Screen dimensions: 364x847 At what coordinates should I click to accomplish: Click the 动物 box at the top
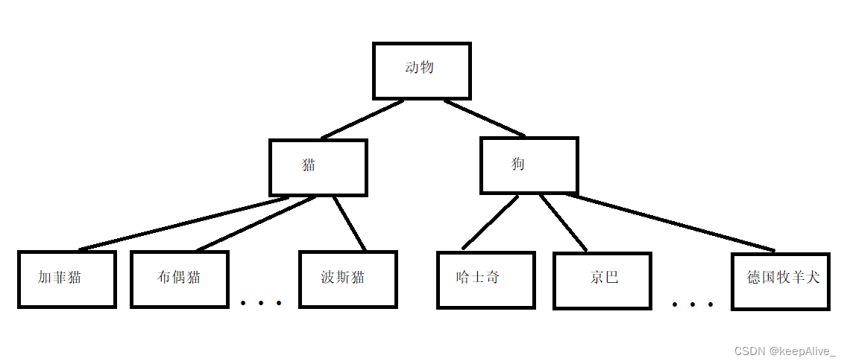pos(421,71)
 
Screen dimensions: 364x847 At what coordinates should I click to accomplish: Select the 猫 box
pos(318,167)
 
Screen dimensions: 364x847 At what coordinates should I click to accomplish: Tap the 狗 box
pos(529,165)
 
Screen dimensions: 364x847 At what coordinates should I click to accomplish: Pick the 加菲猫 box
pos(66,279)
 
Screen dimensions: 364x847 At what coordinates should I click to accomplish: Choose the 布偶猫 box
pos(179,279)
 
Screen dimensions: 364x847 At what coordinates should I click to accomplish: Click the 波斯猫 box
pos(347,279)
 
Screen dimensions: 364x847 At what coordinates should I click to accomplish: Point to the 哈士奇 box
pos(485,280)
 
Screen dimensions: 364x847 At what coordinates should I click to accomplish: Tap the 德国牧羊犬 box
pos(780,281)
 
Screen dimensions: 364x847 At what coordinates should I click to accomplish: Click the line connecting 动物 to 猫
pos(362,119)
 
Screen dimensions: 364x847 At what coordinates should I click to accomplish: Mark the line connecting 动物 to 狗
pos(485,118)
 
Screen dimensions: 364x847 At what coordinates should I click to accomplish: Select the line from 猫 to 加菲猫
pos(183,223)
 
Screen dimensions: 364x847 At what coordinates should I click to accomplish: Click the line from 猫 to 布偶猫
pos(256,223)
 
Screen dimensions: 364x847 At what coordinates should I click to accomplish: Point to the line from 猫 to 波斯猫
pos(350,223)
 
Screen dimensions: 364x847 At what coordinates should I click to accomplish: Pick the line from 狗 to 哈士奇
pos(490,222)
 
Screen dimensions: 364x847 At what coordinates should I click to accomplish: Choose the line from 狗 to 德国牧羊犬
pos(671,223)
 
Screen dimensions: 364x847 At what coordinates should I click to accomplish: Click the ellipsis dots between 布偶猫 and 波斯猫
pos(261,303)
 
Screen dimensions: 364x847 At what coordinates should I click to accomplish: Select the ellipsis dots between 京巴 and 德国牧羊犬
pos(692,304)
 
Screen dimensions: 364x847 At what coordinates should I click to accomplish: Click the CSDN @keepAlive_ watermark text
pos(785,351)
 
